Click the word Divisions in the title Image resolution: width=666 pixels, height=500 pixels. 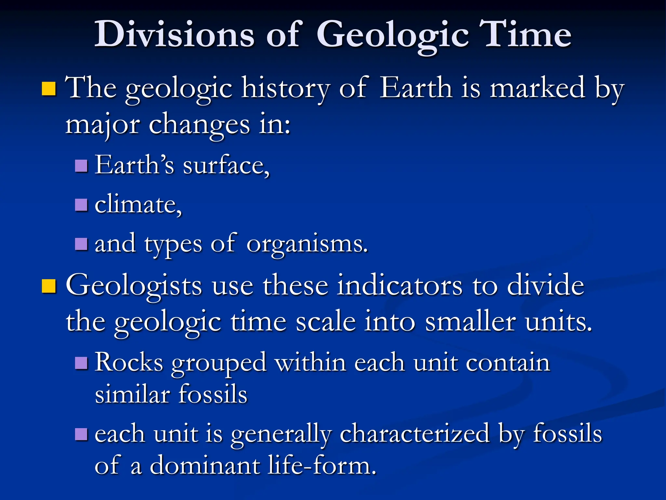pyautogui.click(x=174, y=35)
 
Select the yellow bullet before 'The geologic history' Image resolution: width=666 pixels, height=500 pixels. pyautogui.click(x=49, y=89)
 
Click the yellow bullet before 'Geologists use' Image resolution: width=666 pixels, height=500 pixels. pyautogui.click(x=49, y=286)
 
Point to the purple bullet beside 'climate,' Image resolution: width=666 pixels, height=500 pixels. pyautogui.click(x=81, y=205)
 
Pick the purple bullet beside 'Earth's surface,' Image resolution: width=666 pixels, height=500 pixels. pyautogui.click(x=81, y=166)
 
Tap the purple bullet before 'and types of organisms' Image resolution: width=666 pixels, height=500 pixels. pyautogui.click(x=81, y=244)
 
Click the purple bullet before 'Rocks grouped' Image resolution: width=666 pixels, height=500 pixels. pyautogui.click(x=81, y=363)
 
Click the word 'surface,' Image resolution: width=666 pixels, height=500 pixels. pyautogui.click(x=226, y=165)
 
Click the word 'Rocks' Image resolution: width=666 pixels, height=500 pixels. pyautogui.click(x=129, y=362)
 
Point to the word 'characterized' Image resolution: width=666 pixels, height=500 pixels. pyautogui.click(x=415, y=434)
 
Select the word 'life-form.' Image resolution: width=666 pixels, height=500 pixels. pyautogui.click(x=322, y=465)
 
